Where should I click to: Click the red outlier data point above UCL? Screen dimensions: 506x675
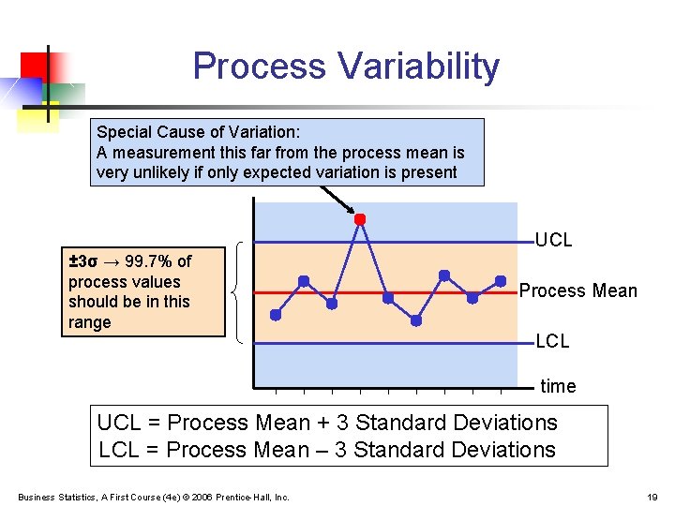pos(359,219)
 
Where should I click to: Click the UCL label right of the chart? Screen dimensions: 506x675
pos(553,240)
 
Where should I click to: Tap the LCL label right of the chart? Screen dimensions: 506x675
pos(552,341)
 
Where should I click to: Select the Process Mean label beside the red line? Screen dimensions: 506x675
pos(577,290)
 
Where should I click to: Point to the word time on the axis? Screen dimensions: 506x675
pos(559,386)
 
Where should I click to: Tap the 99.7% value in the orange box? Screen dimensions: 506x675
pos(146,261)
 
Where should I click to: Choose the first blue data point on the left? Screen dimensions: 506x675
pos(276,315)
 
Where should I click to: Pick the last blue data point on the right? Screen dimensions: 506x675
pos(501,280)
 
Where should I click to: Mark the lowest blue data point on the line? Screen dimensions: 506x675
pos(416,320)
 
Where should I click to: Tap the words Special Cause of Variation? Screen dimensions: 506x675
pos(198,132)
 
